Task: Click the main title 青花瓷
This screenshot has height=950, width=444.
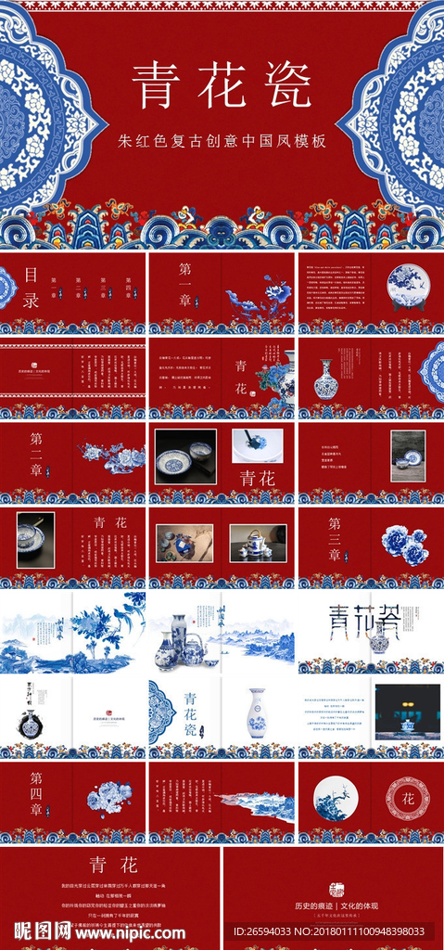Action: pyautogui.click(x=222, y=86)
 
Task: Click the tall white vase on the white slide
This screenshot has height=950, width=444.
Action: pyautogui.click(x=256, y=713)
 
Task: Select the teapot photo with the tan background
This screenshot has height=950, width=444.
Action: pyautogui.click(x=258, y=543)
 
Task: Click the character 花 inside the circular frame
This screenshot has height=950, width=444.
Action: pyautogui.click(x=407, y=797)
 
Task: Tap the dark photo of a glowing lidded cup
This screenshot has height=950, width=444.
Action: pyautogui.click(x=407, y=712)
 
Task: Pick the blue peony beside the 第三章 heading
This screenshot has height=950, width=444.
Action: pyautogui.click(x=404, y=544)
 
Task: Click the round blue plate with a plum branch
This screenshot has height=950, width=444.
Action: pyautogui.click(x=336, y=797)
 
